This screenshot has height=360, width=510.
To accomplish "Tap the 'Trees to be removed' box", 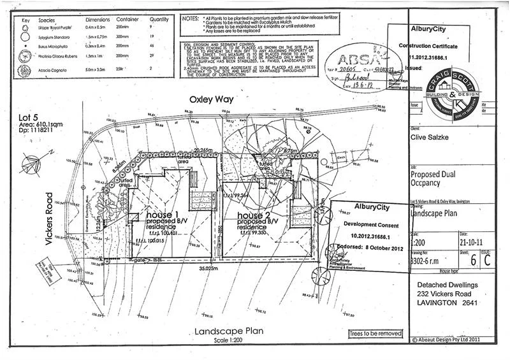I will tap(375, 333).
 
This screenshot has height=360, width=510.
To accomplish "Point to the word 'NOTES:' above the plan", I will tap(191, 18).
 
